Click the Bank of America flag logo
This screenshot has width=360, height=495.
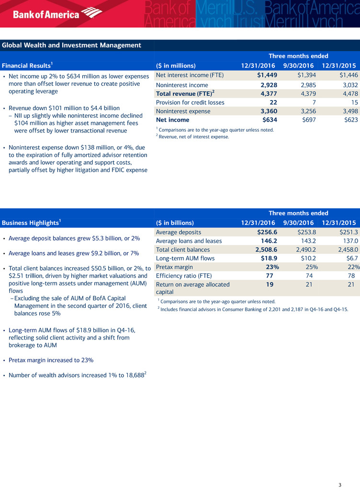(x=92, y=13)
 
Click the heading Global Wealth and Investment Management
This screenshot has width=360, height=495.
(x=72, y=45)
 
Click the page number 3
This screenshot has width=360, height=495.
(x=339, y=485)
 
